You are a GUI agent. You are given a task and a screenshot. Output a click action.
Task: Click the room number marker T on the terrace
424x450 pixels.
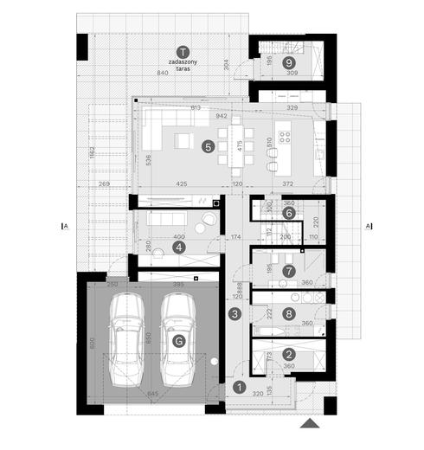point(181,51)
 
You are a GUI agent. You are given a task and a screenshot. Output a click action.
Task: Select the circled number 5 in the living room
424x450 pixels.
point(207,146)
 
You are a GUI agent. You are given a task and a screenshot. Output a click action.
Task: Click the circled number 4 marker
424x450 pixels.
point(179,247)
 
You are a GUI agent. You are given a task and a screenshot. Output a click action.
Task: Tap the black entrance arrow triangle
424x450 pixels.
point(308,424)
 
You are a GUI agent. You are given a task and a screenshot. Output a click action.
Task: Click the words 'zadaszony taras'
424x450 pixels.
point(181,66)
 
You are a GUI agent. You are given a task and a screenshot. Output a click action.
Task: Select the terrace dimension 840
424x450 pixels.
point(162,74)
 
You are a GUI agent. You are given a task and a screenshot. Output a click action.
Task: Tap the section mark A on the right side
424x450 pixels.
point(369,227)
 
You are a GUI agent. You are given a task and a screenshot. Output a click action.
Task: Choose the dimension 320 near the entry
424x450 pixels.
point(257,392)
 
